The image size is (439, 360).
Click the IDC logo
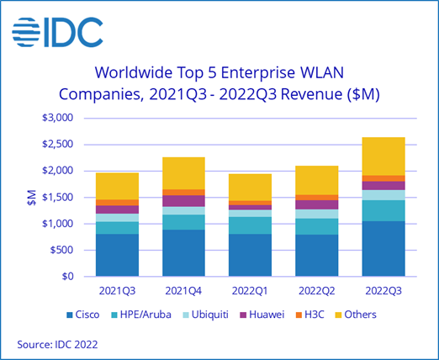pos(57,32)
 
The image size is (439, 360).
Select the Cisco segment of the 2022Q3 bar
pos(383,249)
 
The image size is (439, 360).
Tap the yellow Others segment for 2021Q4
pos(183,173)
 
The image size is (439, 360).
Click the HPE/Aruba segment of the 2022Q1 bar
pos(250,225)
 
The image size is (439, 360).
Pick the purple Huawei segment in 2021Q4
pos(183,201)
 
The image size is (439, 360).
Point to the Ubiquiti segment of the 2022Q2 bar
pos(317,214)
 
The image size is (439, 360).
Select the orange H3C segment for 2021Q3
pos(117,203)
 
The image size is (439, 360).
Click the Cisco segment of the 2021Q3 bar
pos(117,255)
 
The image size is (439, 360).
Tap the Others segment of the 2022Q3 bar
pos(383,156)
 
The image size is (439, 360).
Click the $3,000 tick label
pos(57,118)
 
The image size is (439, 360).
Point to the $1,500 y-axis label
pos(57,198)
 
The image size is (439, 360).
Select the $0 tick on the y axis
pos(67,277)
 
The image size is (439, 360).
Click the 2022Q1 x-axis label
pos(250,291)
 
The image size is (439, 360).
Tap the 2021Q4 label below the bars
pos(183,291)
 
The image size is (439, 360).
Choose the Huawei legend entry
pos(262,315)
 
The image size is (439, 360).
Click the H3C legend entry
pos(310,315)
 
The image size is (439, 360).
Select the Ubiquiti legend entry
pos(206,315)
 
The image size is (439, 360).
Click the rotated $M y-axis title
pos(32,198)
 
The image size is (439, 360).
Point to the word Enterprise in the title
pos(258,73)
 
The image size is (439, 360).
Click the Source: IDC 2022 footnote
pos(57,344)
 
